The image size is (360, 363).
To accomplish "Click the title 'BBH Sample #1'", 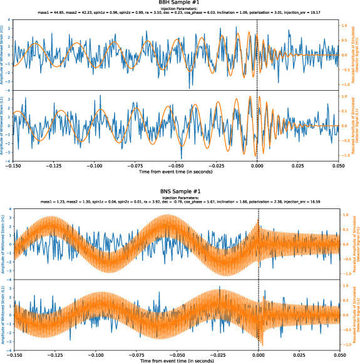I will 180,4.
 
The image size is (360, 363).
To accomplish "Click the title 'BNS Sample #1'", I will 180,190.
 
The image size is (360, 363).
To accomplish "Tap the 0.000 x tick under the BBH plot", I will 257,166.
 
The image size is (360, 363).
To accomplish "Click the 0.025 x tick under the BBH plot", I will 298,166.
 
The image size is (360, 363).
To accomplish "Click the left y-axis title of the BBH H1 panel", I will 3,55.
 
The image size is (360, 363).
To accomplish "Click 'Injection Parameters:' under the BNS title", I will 180,197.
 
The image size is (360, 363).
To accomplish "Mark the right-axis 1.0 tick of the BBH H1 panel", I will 344,25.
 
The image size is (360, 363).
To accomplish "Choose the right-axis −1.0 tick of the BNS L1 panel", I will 344,345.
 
